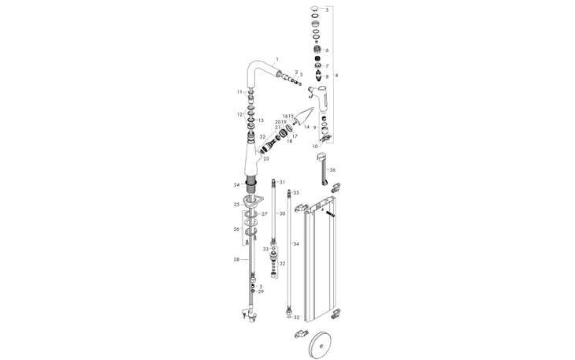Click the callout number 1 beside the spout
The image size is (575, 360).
[277, 60]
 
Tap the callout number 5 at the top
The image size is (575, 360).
[327, 10]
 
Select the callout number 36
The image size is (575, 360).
[332, 170]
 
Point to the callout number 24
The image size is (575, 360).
[236, 185]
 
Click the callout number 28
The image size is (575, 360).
[236, 259]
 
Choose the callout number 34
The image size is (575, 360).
[297, 243]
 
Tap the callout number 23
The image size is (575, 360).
[266, 159]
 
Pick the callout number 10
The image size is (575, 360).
[316, 146]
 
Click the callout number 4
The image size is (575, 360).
[336, 75]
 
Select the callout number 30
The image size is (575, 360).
[281, 213]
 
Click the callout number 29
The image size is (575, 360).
[261, 291]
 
